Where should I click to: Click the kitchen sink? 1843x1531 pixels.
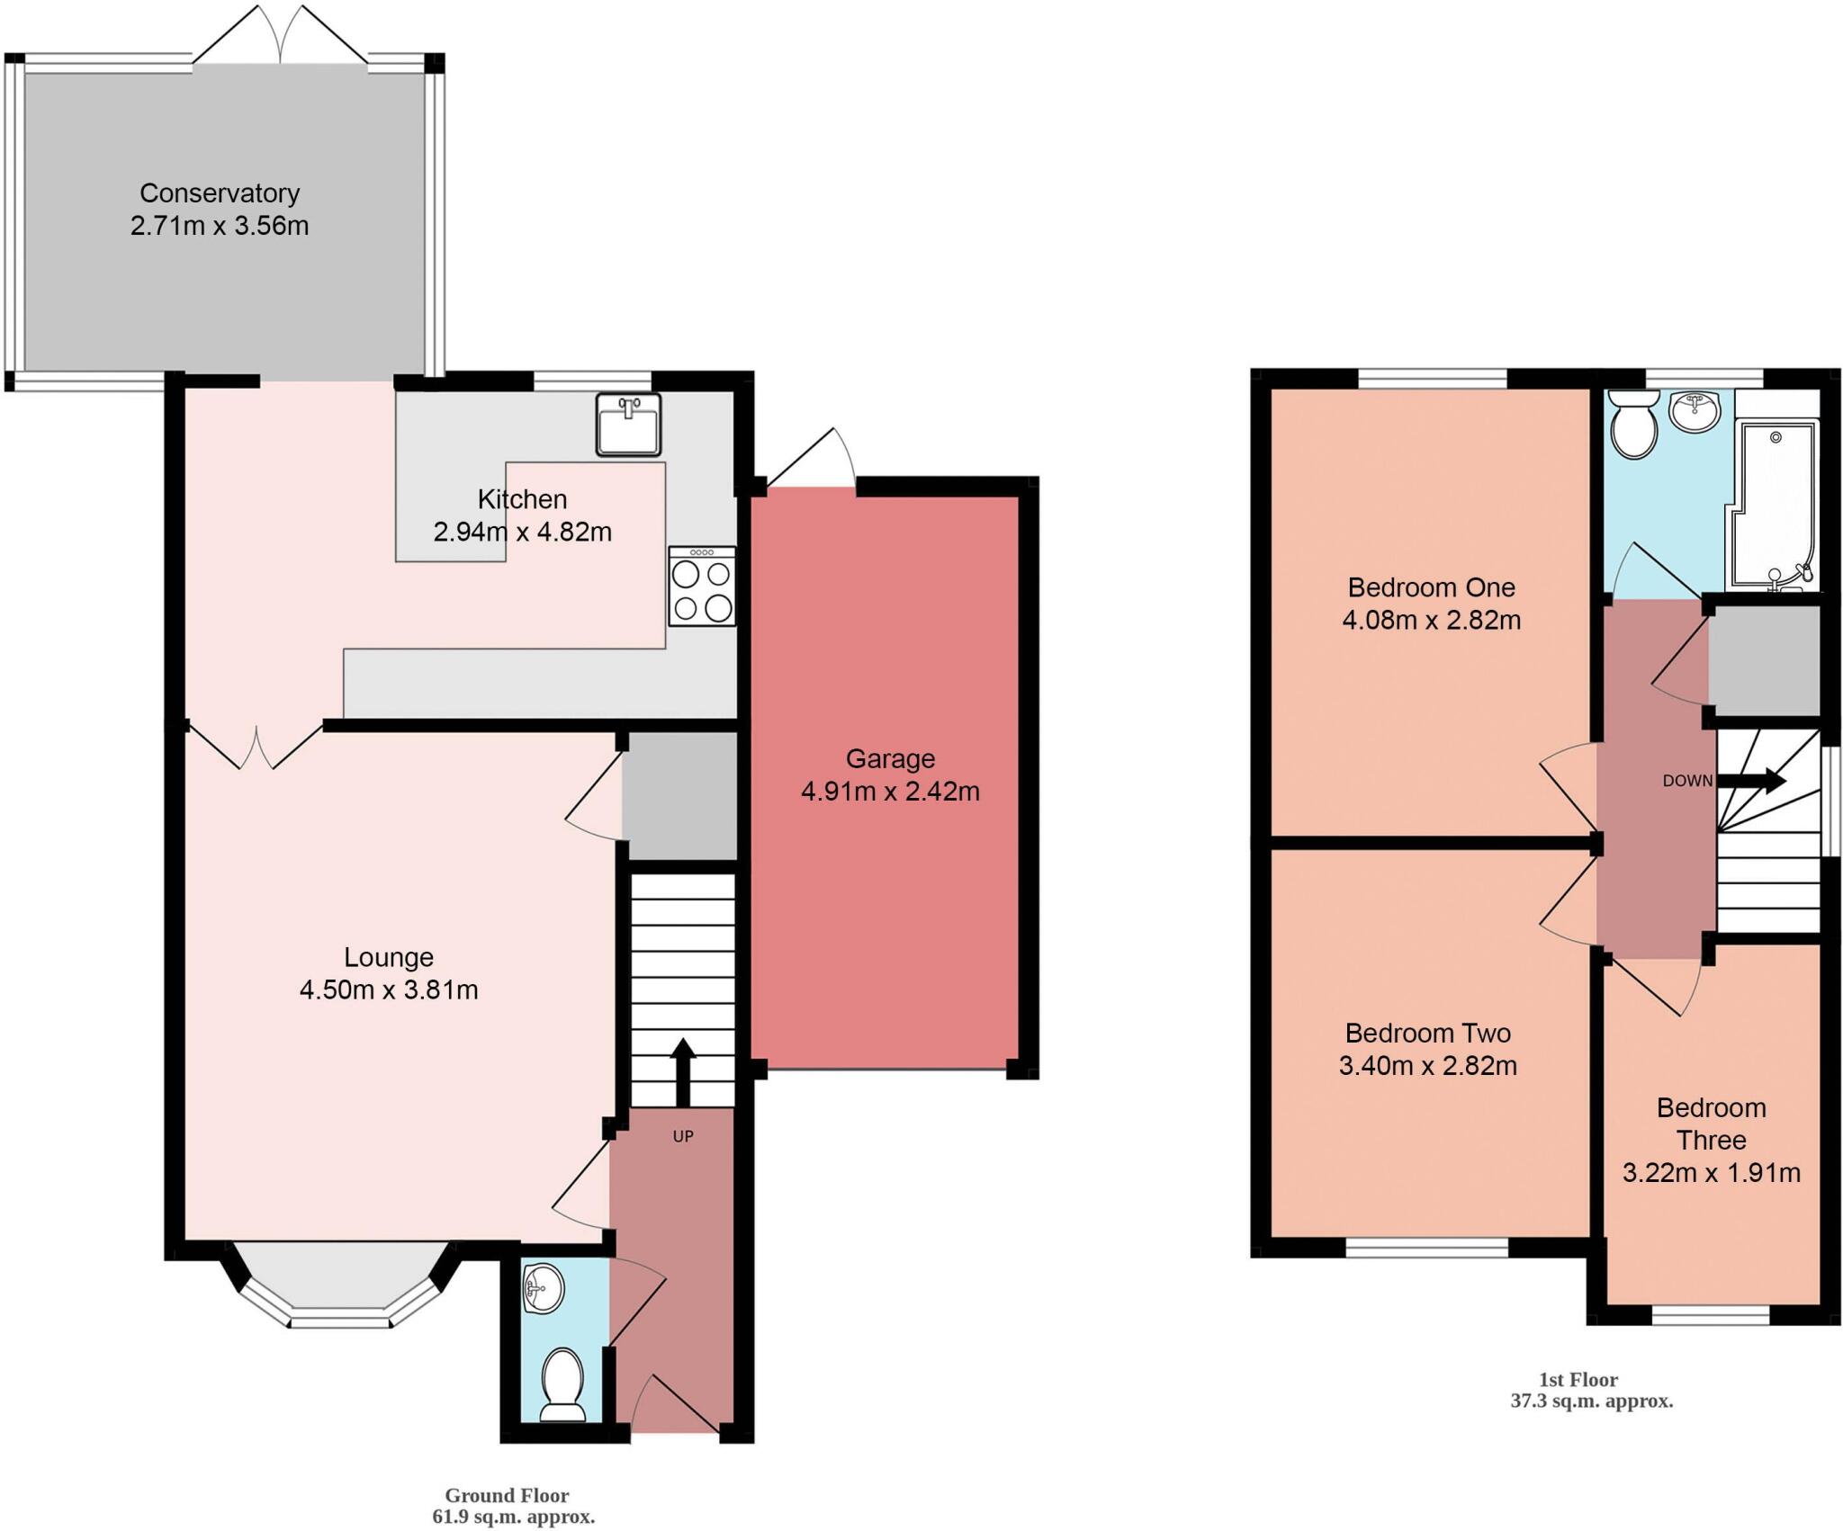pos(628,425)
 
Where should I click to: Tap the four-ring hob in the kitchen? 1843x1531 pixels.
pos(702,586)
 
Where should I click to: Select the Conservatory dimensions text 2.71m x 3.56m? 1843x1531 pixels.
pos(220,226)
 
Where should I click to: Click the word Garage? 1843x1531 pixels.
pos(890,758)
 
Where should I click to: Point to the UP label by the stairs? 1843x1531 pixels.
pos(683,1136)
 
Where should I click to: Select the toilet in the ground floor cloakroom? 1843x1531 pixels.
pos(564,1396)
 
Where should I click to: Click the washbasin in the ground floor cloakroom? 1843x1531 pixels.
pos(543,1288)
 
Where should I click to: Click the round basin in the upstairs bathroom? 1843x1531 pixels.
pos(1695,413)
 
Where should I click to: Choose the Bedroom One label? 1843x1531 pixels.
pos(1431,587)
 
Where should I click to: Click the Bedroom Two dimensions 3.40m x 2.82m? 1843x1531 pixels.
pos(1427,1066)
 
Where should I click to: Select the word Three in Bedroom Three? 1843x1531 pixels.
pos(1711,1140)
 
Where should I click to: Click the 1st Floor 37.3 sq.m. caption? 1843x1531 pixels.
pos(1590,1390)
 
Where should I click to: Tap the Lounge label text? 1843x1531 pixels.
pos(389,957)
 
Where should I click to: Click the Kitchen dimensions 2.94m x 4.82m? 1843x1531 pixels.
pos(522,532)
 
